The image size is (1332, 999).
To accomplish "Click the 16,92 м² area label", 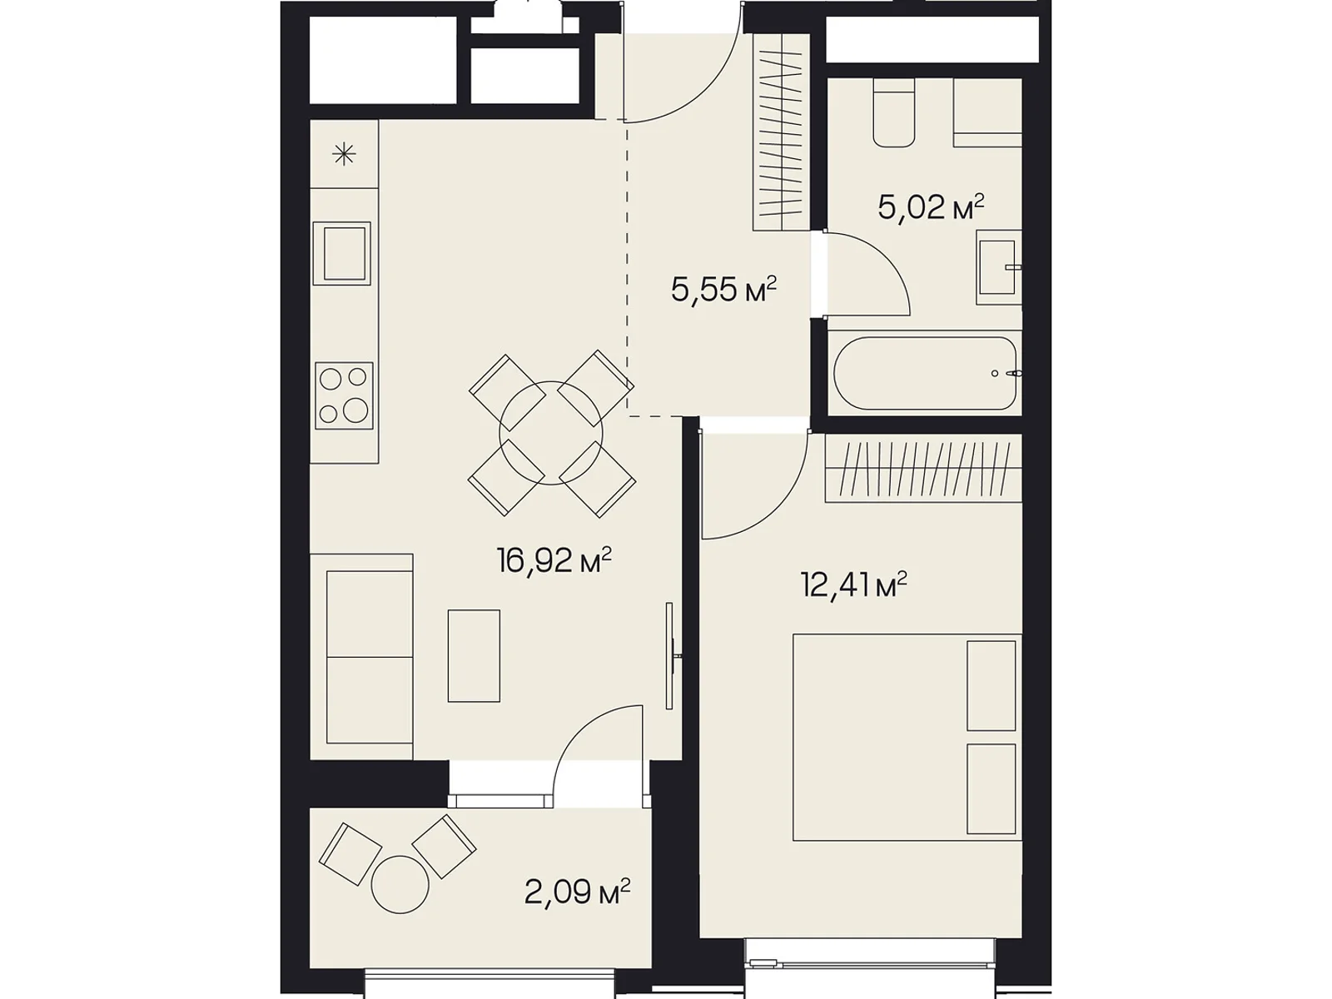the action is tap(554, 560).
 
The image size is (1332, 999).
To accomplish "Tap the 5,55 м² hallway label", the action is tap(723, 289).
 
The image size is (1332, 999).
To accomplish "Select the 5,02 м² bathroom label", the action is tap(930, 207).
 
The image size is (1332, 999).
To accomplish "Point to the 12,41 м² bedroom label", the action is tap(854, 584).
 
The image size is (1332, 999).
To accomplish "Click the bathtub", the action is tap(925, 374).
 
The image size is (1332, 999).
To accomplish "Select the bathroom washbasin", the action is tap(998, 267).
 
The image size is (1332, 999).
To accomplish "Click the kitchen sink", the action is tap(341, 254).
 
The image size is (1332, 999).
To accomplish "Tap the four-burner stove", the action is tap(344, 395).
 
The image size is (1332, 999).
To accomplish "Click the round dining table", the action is tap(551, 433).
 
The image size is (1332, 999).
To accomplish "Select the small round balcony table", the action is tap(400, 885).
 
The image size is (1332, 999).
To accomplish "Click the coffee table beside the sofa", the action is tap(474, 656).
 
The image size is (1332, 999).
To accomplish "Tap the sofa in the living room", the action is tap(361, 656).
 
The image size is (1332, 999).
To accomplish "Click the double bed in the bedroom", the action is tap(907, 738).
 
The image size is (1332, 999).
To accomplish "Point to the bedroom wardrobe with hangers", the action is tap(923, 468).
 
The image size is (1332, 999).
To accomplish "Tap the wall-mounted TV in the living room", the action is tap(670, 656).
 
